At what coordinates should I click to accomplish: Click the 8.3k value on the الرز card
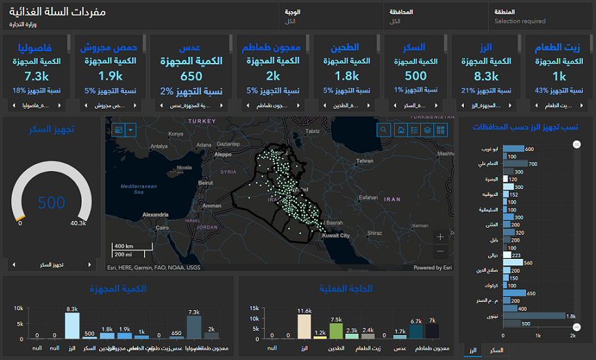[486, 76]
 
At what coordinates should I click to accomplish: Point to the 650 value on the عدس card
[191, 76]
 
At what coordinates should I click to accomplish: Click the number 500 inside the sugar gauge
[51, 203]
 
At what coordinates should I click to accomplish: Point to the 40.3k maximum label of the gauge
[78, 223]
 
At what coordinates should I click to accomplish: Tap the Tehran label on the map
[365, 161]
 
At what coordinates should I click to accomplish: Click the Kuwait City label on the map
[336, 235]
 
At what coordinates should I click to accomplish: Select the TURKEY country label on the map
[202, 120]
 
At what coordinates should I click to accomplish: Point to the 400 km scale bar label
[125, 246]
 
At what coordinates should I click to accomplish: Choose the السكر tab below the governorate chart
[496, 351]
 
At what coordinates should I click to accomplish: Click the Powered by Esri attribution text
[433, 267]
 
